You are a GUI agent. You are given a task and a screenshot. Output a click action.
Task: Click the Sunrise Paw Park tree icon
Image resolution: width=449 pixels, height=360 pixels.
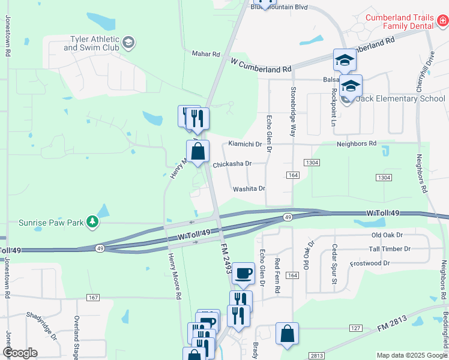[x=92, y=223]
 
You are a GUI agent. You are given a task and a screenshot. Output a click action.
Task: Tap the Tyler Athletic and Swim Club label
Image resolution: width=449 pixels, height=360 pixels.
[x=95, y=43]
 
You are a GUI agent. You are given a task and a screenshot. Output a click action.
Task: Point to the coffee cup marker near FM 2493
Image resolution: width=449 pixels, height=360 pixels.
[x=243, y=274]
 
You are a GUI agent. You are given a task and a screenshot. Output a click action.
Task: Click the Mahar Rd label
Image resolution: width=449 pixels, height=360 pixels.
[x=206, y=54]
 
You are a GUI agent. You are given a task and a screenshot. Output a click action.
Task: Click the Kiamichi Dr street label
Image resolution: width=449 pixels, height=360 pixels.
[x=246, y=144]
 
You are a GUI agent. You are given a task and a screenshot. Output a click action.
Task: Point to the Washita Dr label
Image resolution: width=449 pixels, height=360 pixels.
[x=249, y=188]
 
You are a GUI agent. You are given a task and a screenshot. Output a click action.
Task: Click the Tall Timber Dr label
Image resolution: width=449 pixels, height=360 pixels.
[x=390, y=249]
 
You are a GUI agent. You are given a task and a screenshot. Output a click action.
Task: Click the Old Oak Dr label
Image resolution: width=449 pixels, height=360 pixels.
[x=385, y=235]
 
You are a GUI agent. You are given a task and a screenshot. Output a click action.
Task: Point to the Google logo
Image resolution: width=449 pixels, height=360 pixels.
[x=20, y=353]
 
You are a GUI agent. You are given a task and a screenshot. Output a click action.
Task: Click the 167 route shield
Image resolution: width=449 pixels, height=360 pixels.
[x=92, y=298]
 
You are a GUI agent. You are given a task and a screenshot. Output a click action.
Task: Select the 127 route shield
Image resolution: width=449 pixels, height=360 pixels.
[x=356, y=328]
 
